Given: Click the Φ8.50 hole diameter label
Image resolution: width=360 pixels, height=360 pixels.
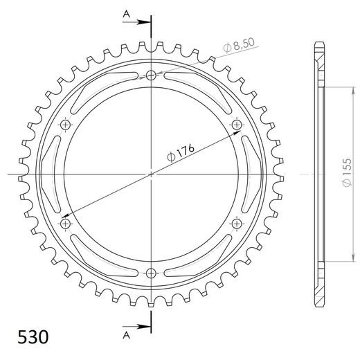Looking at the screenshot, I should [x=240, y=47].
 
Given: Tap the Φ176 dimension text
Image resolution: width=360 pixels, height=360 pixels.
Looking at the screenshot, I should [x=177, y=154].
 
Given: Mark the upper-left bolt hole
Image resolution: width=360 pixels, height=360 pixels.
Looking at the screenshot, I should [x=66, y=125].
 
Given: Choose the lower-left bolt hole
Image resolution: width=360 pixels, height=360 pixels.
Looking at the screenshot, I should [x=66, y=224].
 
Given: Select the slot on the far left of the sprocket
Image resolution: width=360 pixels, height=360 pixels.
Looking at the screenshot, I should [x=52, y=174].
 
